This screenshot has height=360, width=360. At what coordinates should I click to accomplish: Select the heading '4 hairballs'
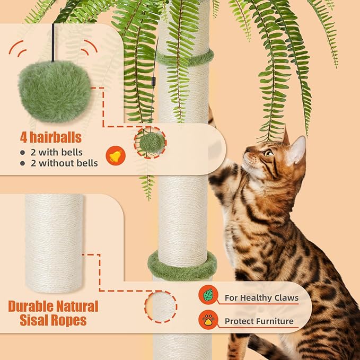point(51,138)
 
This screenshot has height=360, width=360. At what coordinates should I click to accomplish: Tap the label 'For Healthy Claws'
point(261,298)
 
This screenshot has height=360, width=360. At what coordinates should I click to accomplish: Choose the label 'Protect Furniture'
point(259,321)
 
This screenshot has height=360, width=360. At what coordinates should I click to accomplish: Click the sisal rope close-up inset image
point(54,243)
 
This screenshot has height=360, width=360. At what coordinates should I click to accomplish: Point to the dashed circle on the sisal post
point(161,306)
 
